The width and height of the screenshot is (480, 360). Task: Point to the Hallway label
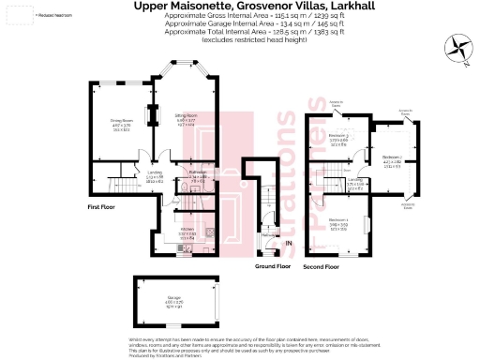[x=266, y=235]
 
